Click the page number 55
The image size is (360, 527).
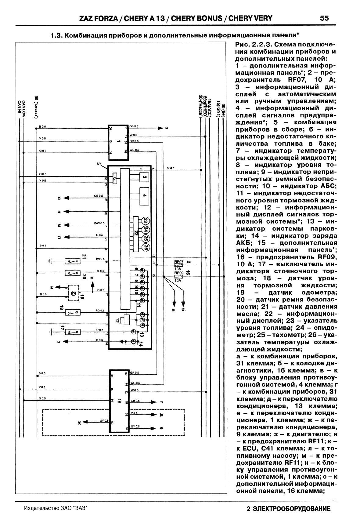(x=324, y=18)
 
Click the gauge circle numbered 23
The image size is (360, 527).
(x=146, y=221)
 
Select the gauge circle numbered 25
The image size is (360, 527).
(x=146, y=238)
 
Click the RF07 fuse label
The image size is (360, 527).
(x=178, y=262)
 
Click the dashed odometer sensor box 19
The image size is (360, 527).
(x=73, y=293)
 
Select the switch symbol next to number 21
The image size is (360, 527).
(x=73, y=261)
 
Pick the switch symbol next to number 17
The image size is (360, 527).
(x=73, y=331)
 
